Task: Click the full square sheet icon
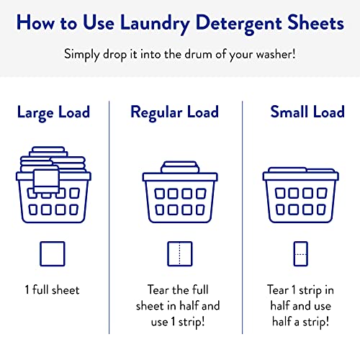pyautogui.click(x=54, y=255)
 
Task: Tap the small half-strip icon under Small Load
pyautogui.click(x=300, y=255)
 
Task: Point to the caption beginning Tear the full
pyautogui.click(x=179, y=305)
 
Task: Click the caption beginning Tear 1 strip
pyautogui.click(x=300, y=305)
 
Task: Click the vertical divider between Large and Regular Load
pyautogui.click(x=109, y=216)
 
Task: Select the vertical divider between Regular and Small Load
pyautogui.click(x=243, y=216)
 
